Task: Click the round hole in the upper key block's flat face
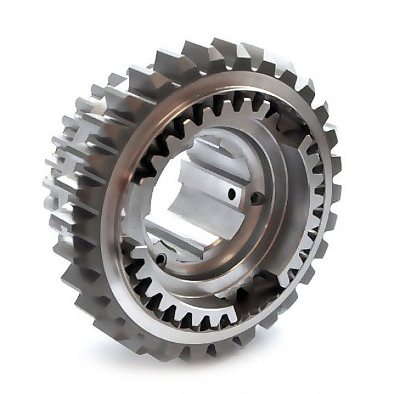click(232, 194)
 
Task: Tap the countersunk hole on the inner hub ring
click(257, 198)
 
